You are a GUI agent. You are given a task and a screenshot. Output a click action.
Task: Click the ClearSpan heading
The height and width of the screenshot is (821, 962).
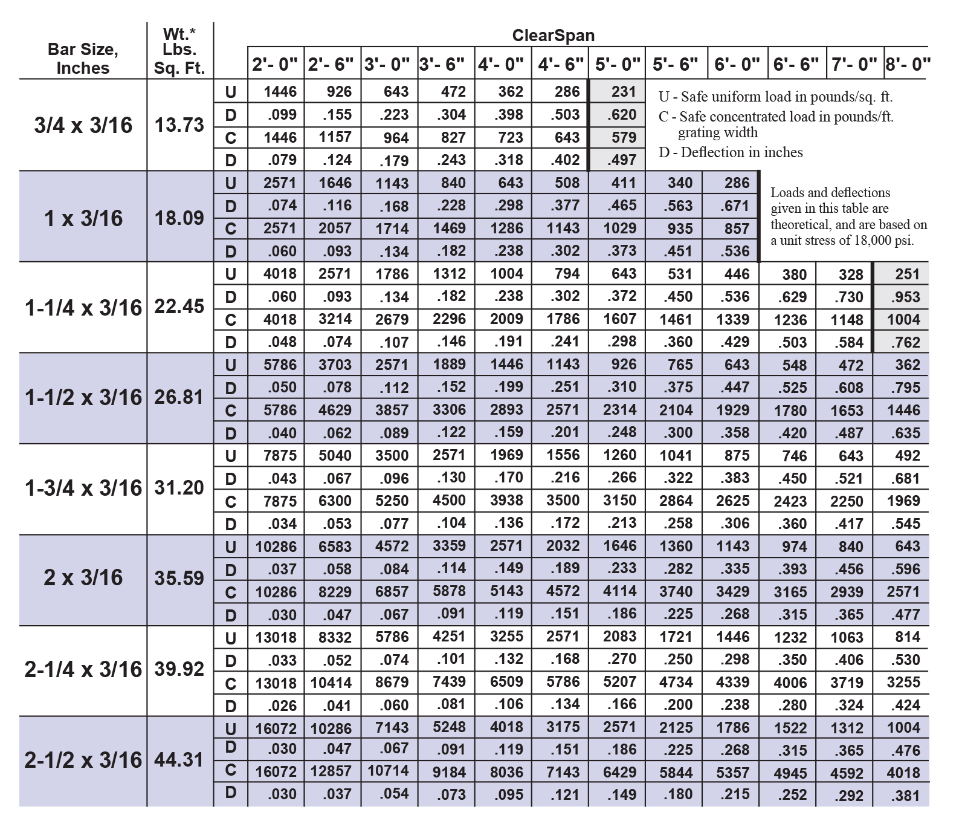tap(553, 36)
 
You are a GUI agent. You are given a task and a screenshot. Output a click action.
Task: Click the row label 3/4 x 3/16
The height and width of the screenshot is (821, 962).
tap(83, 125)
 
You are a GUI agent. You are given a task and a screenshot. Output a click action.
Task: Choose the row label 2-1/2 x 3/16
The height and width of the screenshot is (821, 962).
tap(83, 760)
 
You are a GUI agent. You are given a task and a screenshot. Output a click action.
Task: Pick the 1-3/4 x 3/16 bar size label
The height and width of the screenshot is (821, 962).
tap(83, 488)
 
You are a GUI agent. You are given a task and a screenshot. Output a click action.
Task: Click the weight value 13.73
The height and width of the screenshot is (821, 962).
tap(179, 125)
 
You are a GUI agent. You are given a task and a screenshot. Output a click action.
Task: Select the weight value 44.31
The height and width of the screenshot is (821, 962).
tap(179, 760)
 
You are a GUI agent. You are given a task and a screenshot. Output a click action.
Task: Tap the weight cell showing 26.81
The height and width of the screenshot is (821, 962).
tap(179, 397)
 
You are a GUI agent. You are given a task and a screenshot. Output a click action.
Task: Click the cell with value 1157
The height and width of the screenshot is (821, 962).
tap(335, 138)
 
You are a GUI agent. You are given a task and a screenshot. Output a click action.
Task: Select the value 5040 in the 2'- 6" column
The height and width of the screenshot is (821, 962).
tap(335, 455)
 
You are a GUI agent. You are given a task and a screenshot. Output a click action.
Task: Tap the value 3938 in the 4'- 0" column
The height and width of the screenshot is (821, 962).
tap(506, 501)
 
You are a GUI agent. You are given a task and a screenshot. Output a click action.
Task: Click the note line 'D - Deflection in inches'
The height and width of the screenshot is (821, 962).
tap(731, 152)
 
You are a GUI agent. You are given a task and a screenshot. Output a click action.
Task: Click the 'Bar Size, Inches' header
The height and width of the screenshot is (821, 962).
tap(83, 59)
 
